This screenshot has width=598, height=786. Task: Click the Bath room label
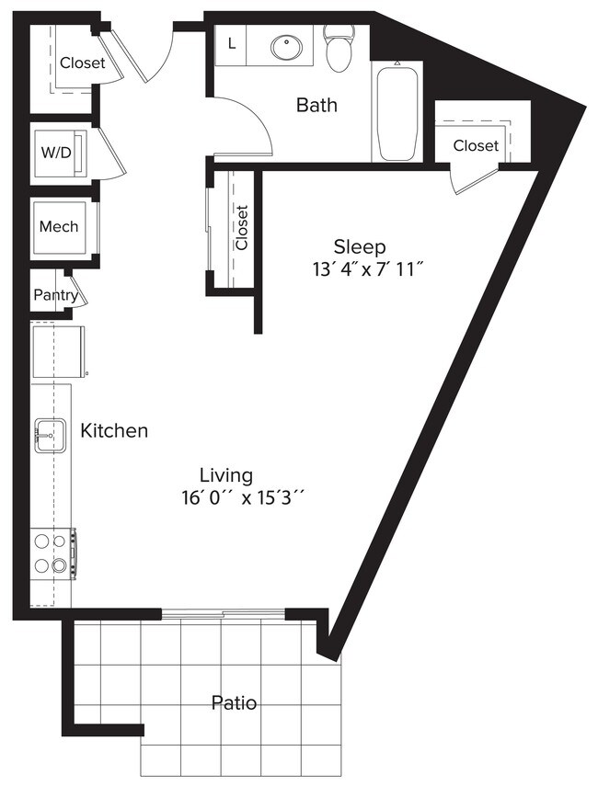316,105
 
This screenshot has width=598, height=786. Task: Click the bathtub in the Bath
397,111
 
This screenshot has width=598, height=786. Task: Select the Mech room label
58,227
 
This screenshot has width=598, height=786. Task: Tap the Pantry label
55,295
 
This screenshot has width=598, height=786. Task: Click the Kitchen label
114,430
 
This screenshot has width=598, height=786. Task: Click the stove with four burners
53,553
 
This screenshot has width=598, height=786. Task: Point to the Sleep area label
359,246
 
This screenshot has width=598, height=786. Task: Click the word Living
226,475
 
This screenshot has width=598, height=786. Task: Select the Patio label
234,703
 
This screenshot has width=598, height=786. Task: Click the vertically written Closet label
242,227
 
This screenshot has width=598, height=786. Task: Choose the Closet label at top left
83,63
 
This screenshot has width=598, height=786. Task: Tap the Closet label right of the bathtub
476,145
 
